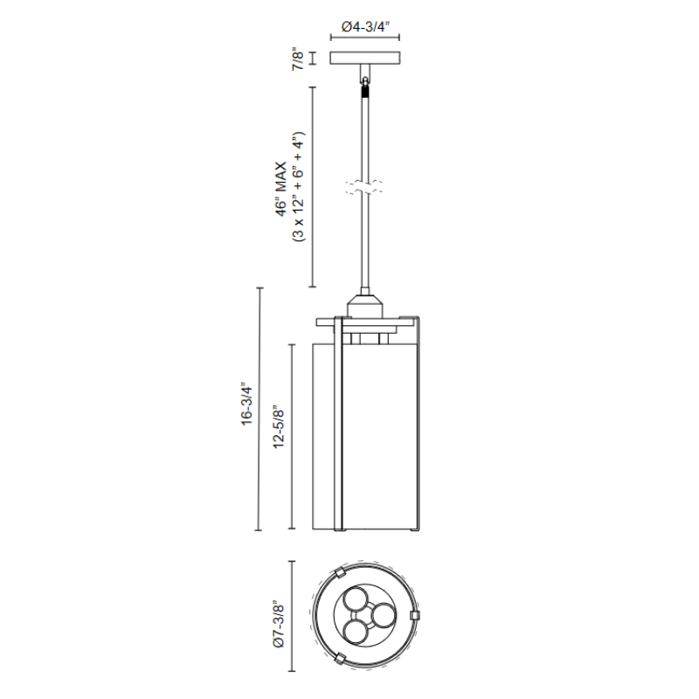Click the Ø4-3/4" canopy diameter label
click(365, 27)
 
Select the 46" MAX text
click(280, 190)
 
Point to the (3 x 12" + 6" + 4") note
click(298, 187)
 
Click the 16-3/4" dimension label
click(246, 404)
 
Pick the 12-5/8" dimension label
click(278, 426)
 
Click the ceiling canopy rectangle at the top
click(365, 58)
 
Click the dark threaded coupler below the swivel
click(365, 92)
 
